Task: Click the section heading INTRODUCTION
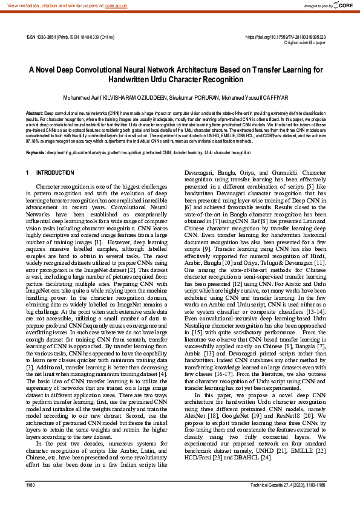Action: point(55,173)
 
